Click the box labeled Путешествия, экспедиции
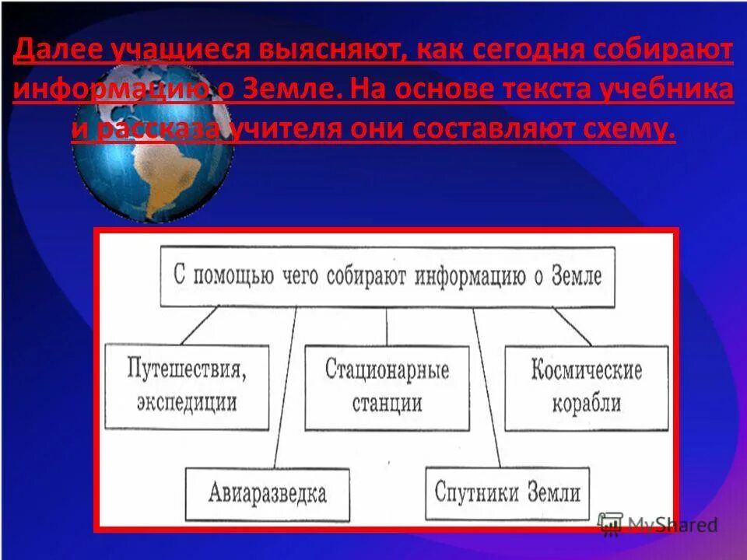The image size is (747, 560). pos(187,387)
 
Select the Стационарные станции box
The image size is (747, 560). pos(387,387)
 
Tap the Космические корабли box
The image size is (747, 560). pos(586,387)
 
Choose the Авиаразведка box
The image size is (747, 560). pos(267,492)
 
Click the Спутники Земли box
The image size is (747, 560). pos(507,492)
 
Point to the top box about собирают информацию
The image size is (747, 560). pos(388,276)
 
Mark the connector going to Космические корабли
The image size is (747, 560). pos(572,326)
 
